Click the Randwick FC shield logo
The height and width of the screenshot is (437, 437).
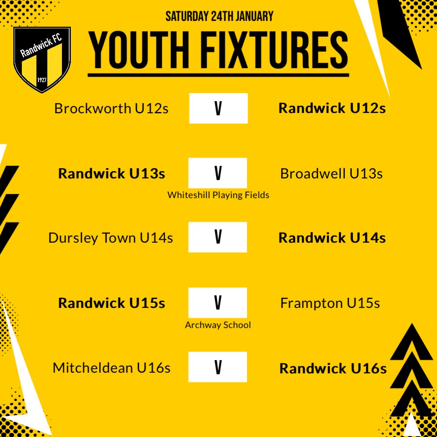(42, 59)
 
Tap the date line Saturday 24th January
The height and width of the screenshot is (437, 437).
(219, 17)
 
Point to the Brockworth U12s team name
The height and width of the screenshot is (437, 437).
(111, 108)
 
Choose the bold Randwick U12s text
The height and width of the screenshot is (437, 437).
(332, 108)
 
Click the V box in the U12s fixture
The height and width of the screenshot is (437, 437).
(218, 108)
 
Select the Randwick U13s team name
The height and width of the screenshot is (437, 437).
(112, 174)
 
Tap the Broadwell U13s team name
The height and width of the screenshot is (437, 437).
(331, 174)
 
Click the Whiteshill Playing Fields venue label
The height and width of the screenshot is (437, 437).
(218, 195)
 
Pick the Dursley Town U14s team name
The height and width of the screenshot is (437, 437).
(110, 238)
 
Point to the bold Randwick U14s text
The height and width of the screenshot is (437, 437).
(332, 238)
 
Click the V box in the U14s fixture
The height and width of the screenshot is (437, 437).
(218, 238)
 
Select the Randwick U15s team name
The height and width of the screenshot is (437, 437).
(112, 303)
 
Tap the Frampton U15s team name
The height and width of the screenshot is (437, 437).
(330, 303)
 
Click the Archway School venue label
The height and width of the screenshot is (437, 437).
(218, 325)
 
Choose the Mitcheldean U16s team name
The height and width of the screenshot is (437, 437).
(111, 368)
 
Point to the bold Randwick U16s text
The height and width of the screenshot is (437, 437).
(333, 369)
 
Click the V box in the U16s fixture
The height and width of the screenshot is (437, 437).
(218, 367)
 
